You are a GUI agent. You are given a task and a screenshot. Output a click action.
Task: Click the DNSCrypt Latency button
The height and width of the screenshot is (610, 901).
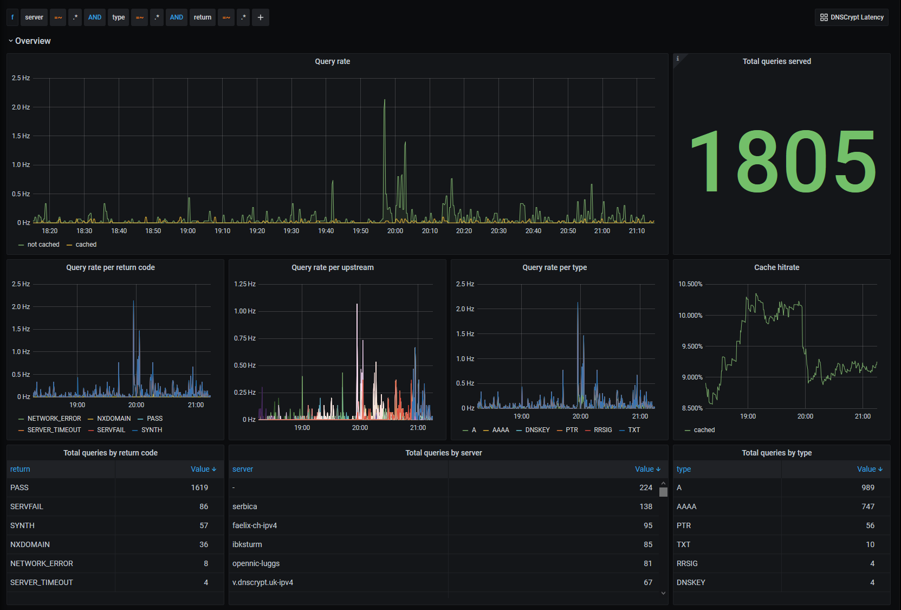[x=852, y=17]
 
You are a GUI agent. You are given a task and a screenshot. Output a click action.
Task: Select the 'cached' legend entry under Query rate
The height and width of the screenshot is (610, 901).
[x=82, y=245]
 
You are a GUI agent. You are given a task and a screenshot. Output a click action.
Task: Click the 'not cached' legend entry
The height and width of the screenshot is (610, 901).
[x=39, y=245]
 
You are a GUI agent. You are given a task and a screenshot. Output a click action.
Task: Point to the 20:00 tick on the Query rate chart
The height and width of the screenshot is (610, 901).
[x=395, y=230]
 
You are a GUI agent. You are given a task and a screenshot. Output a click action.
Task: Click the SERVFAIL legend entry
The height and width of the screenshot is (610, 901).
[x=107, y=430]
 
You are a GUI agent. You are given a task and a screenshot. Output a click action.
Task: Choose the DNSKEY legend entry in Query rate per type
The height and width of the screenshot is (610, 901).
[x=533, y=430]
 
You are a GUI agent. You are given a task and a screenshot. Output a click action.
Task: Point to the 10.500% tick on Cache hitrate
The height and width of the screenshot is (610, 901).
[x=690, y=284]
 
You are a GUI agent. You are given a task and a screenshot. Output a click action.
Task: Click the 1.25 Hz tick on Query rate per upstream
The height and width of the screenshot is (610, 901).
[x=244, y=284]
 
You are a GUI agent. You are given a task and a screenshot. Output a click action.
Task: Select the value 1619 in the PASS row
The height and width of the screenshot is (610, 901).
[x=199, y=487]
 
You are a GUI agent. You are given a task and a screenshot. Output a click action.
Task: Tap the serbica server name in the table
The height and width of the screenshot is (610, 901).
[x=244, y=506]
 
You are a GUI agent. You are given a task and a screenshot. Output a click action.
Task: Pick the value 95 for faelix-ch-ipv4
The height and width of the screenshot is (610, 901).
[x=648, y=525]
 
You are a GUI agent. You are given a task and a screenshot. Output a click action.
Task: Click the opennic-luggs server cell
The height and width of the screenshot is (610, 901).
[x=256, y=563]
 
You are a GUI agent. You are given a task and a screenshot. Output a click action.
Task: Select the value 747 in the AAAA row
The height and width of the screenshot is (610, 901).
[x=868, y=506]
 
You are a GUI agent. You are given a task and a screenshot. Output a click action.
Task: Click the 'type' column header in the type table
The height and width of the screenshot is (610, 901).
[x=684, y=469]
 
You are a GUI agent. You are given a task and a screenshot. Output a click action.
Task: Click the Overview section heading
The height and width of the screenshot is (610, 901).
[x=33, y=41]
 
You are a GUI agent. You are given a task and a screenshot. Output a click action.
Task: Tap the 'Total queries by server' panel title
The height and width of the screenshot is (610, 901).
[x=444, y=453]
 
